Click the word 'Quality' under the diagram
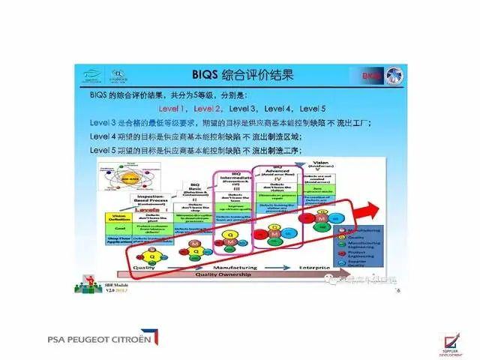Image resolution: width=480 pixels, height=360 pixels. point(146,267)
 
